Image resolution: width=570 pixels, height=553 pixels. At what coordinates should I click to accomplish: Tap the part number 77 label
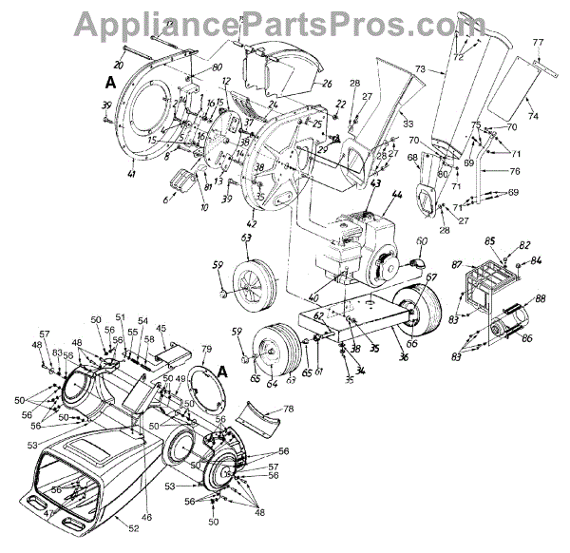pos(537,43)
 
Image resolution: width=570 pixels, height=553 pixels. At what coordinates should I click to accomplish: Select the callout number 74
pos(533,115)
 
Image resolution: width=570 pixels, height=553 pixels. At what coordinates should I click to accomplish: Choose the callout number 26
pos(327,85)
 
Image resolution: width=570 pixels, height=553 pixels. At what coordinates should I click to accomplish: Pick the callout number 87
pos(458,263)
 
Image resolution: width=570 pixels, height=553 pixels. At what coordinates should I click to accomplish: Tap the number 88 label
pos(541,299)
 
